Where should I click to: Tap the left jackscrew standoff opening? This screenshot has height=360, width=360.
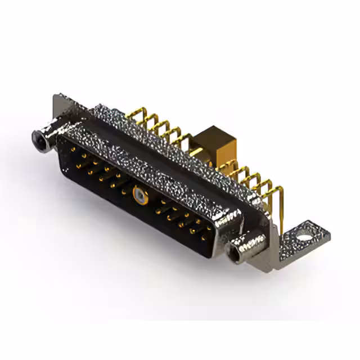[x=40, y=136]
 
